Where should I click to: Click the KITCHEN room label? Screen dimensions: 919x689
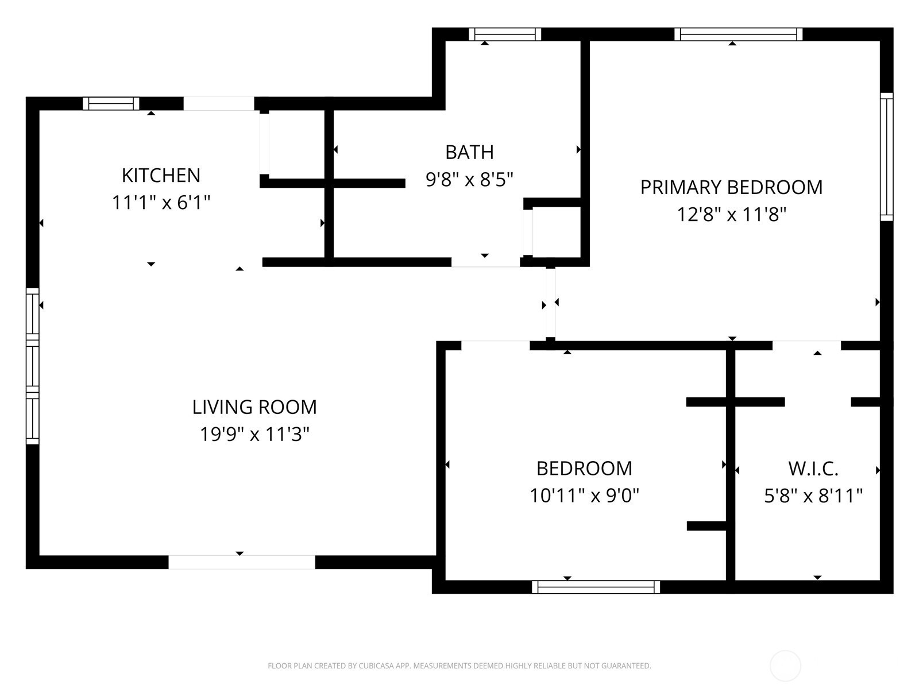(x=161, y=176)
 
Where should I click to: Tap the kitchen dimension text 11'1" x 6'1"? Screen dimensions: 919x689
(x=161, y=203)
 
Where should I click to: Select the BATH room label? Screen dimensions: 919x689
(x=469, y=152)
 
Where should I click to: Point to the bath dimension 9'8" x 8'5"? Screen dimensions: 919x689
(x=469, y=180)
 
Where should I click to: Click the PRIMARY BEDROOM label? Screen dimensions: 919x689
(x=731, y=187)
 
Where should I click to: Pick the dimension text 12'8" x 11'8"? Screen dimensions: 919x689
(x=731, y=215)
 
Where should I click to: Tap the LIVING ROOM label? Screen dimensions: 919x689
(x=254, y=407)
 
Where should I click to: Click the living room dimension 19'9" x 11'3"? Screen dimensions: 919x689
(x=254, y=434)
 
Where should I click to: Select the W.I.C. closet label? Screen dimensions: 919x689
(x=813, y=469)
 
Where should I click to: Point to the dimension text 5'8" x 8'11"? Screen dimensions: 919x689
(x=813, y=496)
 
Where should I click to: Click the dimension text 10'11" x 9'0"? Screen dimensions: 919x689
(x=585, y=496)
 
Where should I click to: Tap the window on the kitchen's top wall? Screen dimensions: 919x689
(x=111, y=103)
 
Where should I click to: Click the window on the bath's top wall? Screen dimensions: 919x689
(x=505, y=34)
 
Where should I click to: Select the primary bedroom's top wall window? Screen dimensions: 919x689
(x=739, y=34)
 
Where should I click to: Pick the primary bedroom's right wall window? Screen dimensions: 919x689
(x=886, y=157)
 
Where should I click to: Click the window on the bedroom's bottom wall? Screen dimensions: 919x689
(x=596, y=587)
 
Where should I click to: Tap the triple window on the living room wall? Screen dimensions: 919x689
(x=33, y=366)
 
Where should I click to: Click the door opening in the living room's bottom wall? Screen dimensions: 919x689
(x=242, y=562)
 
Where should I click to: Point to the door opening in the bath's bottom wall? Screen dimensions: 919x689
(x=486, y=262)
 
